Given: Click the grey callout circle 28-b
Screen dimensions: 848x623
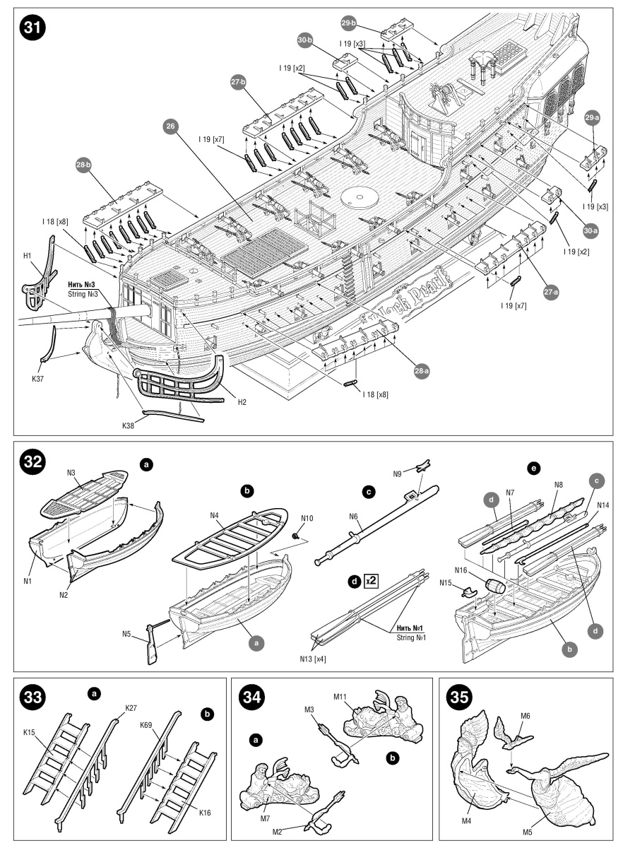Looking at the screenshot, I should [x=83, y=165].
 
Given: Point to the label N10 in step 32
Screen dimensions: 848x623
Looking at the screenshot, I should [x=306, y=519].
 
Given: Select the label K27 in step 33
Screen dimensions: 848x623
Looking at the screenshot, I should [x=131, y=707].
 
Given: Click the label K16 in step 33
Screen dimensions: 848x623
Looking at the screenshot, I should [x=205, y=813].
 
